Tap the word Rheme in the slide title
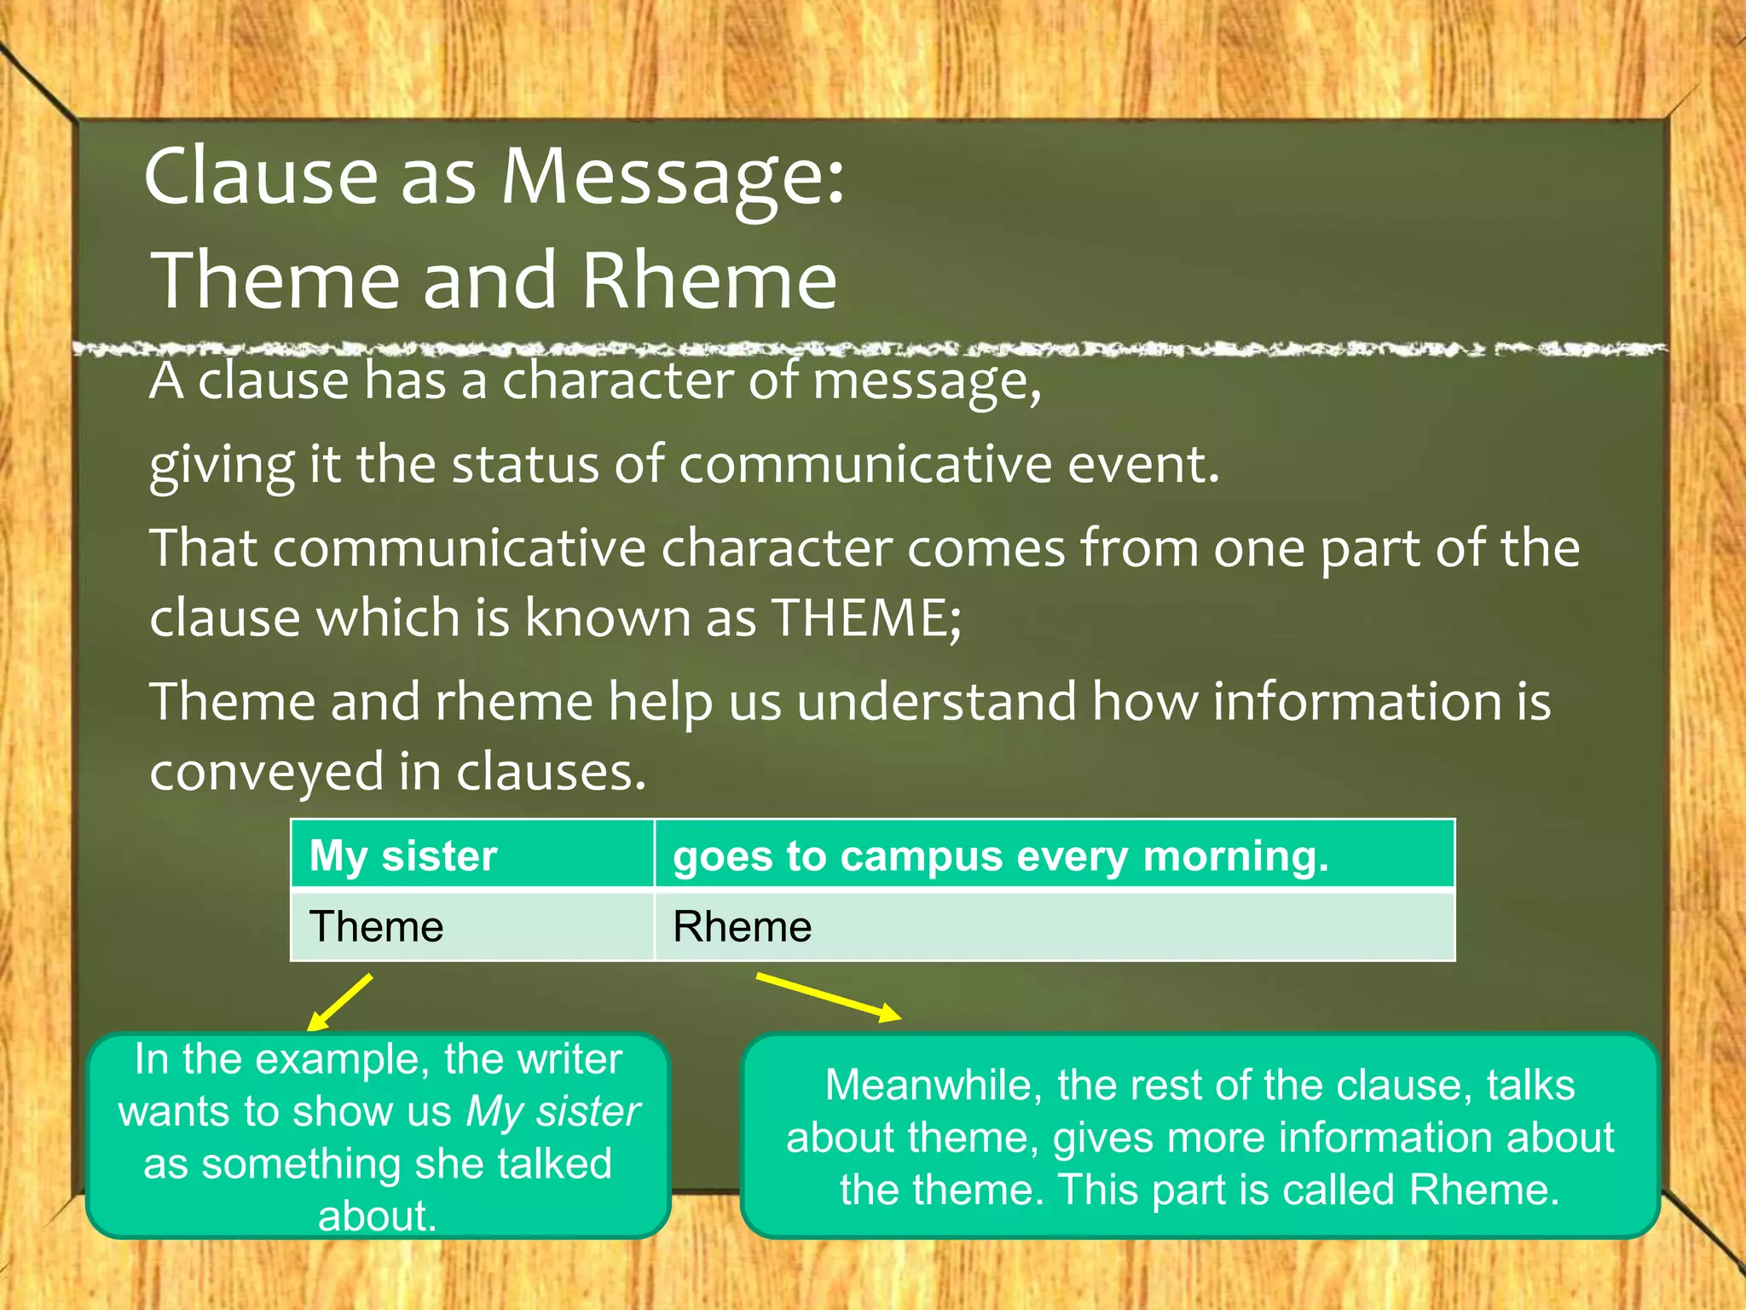tap(709, 281)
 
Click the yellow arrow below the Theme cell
tap(340, 1003)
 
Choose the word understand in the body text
tap(937, 702)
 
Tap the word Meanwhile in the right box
tap(934, 1086)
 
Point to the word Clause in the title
tap(261, 177)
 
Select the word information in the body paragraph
tap(1357, 702)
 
